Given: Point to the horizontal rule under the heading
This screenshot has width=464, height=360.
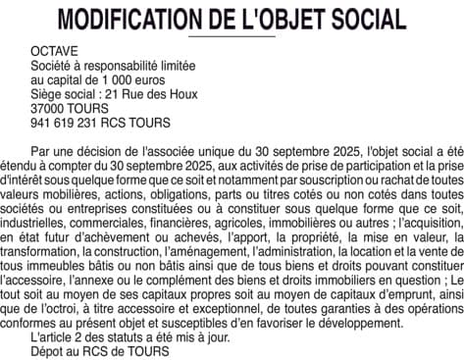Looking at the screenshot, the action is (x=232, y=37).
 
